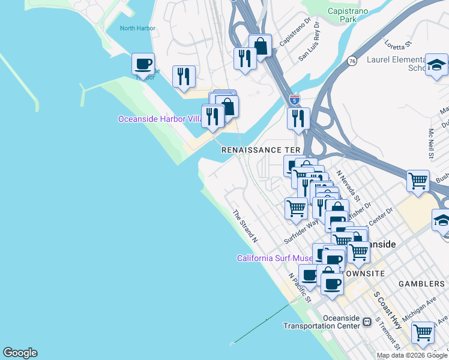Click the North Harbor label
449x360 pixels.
point(137,28)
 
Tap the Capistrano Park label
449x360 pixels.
point(351,16)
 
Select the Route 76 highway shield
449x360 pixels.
point(352,61)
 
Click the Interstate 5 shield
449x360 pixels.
point(294,100)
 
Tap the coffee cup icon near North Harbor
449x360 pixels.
point(143,64)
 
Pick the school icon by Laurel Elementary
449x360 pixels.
point(436,65)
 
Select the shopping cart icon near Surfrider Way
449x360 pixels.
point(296,208)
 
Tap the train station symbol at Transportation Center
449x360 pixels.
point(367,323)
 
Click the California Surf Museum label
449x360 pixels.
point(274,258)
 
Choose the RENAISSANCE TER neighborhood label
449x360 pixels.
point(260,149)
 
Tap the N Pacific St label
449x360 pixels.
point(300,287)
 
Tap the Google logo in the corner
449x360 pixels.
point(20,353)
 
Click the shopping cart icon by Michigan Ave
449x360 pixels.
point(423,331)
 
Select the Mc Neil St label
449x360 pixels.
point(431,145)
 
